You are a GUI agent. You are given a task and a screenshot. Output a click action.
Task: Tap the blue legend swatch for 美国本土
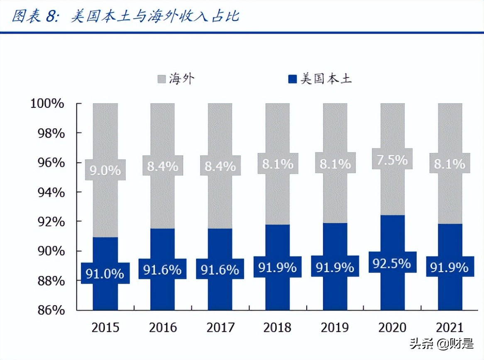pos(293,79)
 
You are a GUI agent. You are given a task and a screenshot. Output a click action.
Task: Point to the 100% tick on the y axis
pos(47,103)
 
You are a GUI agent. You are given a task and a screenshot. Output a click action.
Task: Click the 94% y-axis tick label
pos(49,192)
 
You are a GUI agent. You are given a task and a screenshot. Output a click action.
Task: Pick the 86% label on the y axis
pos(49,310)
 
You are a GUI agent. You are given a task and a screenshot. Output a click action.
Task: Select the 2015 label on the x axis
pos(105,328)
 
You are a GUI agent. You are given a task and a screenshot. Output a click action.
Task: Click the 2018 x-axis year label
pos(278,328)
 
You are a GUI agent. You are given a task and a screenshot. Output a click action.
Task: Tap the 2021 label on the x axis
pos(450,328)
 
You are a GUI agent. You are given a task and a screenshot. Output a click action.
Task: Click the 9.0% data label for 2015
pos(105,170)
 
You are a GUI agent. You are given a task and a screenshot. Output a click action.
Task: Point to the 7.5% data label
pos(392,159)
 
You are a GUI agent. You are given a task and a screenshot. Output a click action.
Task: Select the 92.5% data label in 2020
pos(392,263)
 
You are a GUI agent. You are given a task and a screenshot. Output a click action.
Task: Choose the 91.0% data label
pos(105,274)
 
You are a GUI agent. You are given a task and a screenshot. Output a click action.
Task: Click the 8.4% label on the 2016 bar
pos(163,166)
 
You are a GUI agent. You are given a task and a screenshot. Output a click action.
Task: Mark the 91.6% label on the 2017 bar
pos(220,270)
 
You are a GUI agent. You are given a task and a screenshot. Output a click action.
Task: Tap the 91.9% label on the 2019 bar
pos(335,267)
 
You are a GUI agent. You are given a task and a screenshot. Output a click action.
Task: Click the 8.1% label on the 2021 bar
pos(450,164)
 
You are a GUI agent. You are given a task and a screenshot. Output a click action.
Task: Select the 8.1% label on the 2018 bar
pos(278,164)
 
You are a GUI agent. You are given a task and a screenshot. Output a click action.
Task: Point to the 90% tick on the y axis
pos(49,251)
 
